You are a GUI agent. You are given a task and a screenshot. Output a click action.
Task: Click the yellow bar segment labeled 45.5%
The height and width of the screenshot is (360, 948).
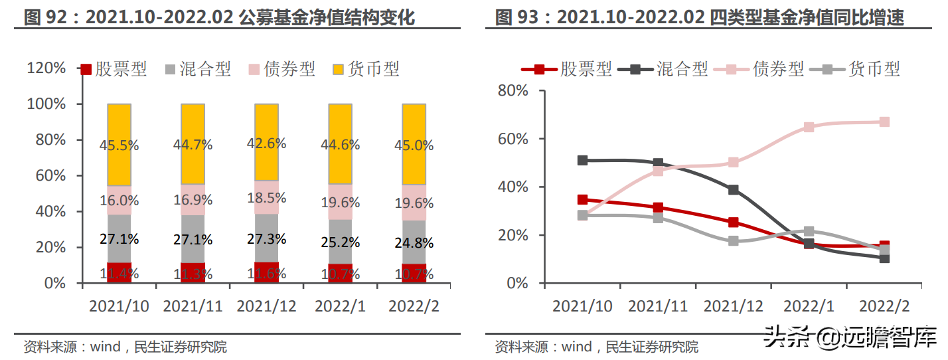coord(119,145)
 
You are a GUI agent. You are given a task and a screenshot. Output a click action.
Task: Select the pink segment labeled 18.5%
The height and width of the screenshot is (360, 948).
coord(266,198)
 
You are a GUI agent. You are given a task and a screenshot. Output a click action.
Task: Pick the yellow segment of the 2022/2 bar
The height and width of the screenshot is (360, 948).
coord(414,144)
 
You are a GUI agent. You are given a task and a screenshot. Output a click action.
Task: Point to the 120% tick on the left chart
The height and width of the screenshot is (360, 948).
coord(46,68)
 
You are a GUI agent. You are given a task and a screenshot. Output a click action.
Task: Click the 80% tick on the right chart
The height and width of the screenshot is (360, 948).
coord(513,90)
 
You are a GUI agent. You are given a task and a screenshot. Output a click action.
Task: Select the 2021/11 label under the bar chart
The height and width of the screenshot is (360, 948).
coord(193,306)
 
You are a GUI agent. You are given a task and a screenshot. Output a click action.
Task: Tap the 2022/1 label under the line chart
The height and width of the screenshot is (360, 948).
coord(809,306)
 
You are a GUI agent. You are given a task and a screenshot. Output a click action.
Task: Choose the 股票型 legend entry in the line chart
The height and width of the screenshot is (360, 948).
coord(567,68)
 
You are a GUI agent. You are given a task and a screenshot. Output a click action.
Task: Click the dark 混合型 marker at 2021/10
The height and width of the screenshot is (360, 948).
coord(582,160)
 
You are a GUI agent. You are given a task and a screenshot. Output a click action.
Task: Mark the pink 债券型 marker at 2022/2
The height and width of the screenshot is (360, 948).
coord(884,122)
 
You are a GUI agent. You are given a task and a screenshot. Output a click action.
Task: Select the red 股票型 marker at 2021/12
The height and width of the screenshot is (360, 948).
coord(733,223)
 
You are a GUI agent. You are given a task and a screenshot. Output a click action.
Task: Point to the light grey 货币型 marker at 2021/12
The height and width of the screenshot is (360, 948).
coord(733,240)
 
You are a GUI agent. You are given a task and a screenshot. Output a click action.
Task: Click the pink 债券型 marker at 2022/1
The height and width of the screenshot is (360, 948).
coord(809,127)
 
